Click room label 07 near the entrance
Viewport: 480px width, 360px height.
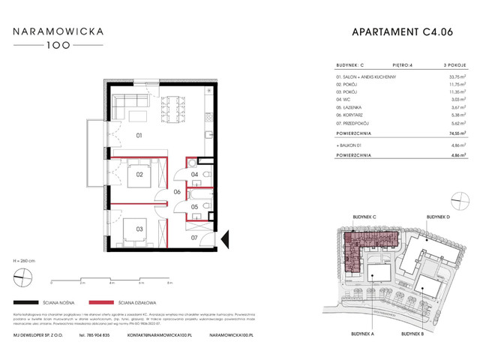(193, 238)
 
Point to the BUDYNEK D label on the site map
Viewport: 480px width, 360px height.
(439, 216)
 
